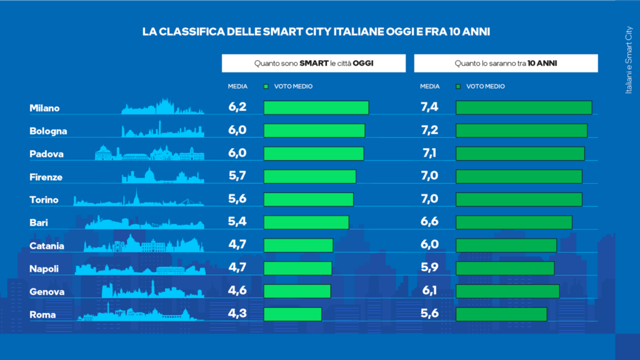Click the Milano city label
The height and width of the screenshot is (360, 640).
[x=44, y=108]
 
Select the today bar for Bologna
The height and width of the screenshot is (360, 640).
[x=314, y=131]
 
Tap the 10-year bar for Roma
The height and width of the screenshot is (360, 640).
[x=501, y=314]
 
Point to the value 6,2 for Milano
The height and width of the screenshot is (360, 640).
[x=237, y=107]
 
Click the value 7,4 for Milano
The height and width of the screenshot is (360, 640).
[x=430, y=107]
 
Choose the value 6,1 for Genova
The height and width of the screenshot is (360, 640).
[x=430, y=291]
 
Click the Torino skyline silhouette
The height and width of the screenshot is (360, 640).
[x=139, y=199]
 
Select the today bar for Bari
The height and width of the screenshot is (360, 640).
[x=306, y=222]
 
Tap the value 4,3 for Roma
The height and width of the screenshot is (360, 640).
[x=237, y=314]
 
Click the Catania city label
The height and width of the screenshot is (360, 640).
[x=47, y=246]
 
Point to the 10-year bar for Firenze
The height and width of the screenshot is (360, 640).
[x=519, y=176]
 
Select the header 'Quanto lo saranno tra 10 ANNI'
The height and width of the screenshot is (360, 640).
[x=506, y=63]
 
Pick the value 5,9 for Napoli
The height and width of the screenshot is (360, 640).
[x=430, y=268]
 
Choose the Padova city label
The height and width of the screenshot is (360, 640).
[x=46, y=154]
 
